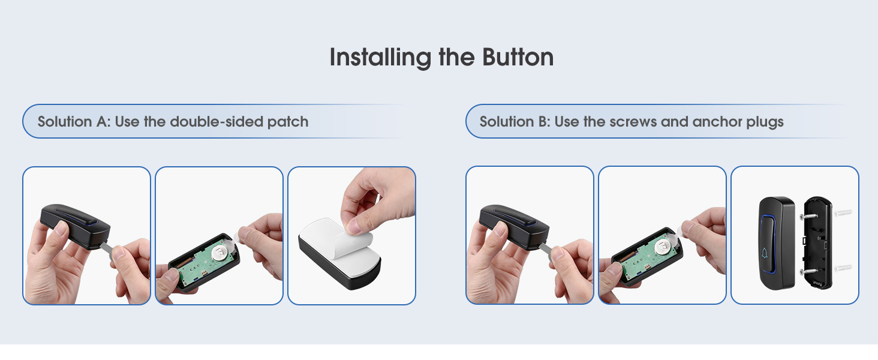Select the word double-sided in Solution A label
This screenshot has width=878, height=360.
[217, 122]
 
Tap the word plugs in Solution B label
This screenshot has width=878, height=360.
[765, 122]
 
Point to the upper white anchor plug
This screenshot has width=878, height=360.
[842, 213]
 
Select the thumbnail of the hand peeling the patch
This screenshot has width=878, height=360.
[351, 235]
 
